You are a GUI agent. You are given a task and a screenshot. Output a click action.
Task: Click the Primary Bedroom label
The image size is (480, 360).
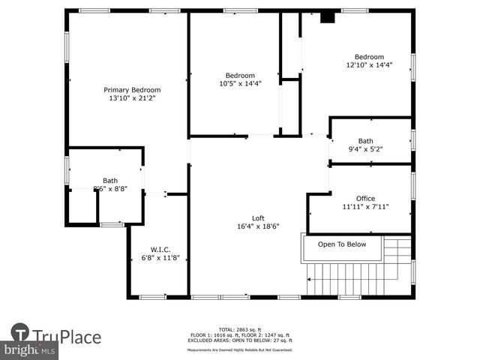[133, 90]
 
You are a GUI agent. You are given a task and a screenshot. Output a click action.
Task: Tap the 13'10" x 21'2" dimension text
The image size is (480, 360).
[133, 98]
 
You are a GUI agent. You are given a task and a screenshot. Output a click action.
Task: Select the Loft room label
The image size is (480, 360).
[258, 217]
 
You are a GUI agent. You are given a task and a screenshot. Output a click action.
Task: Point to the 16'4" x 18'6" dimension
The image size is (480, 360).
[258, 226]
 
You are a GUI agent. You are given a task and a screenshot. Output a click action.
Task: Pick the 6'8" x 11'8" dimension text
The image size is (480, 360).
[160, 259]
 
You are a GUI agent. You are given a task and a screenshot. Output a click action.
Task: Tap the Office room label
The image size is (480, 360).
[365, 199]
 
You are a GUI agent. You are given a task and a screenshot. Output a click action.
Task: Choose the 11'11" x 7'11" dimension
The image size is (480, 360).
[365, 207]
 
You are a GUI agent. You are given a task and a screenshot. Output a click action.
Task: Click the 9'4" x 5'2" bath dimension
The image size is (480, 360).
[365, 149]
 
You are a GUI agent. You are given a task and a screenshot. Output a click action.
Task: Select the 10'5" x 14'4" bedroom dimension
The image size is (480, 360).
[240, 84]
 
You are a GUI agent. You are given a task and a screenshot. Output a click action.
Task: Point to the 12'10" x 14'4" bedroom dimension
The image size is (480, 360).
[369, 65]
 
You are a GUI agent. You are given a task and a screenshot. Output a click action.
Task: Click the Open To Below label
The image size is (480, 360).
[342, 244]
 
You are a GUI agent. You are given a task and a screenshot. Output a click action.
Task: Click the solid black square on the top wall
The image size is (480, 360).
[327, 17]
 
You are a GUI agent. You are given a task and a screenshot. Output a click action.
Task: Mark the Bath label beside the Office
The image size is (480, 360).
[365, 141]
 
